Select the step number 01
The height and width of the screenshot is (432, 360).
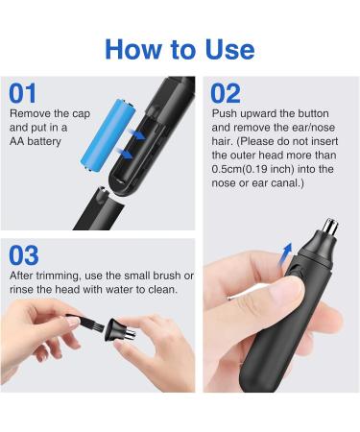tap(23, 93)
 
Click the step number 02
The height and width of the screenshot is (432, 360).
tap(225, 93)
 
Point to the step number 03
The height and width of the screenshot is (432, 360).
tap(24, 255)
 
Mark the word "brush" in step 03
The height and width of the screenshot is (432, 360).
tap(169, 276)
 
